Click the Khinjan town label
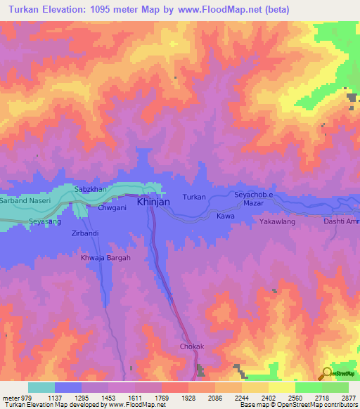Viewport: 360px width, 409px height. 153,202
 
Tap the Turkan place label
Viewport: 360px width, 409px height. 194,197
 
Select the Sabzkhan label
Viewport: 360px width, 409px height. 90,190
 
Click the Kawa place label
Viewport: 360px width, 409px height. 225,216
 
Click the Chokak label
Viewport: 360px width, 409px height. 191,346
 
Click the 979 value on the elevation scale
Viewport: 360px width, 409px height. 20,397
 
